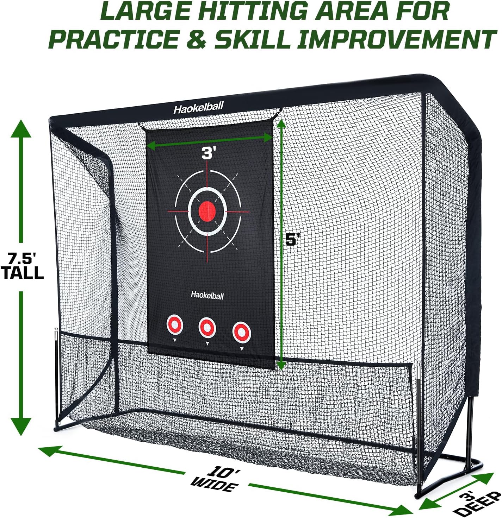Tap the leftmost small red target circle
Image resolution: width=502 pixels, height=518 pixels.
[175, 325]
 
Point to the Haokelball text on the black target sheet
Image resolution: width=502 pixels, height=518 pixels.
[207, 295]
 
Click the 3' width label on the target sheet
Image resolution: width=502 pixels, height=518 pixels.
[209, 153]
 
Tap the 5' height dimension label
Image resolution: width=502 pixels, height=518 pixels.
[292, 240]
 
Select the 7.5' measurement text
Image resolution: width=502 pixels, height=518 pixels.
[22, 259]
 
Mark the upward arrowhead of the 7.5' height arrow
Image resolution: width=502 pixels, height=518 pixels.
[21, 129]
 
